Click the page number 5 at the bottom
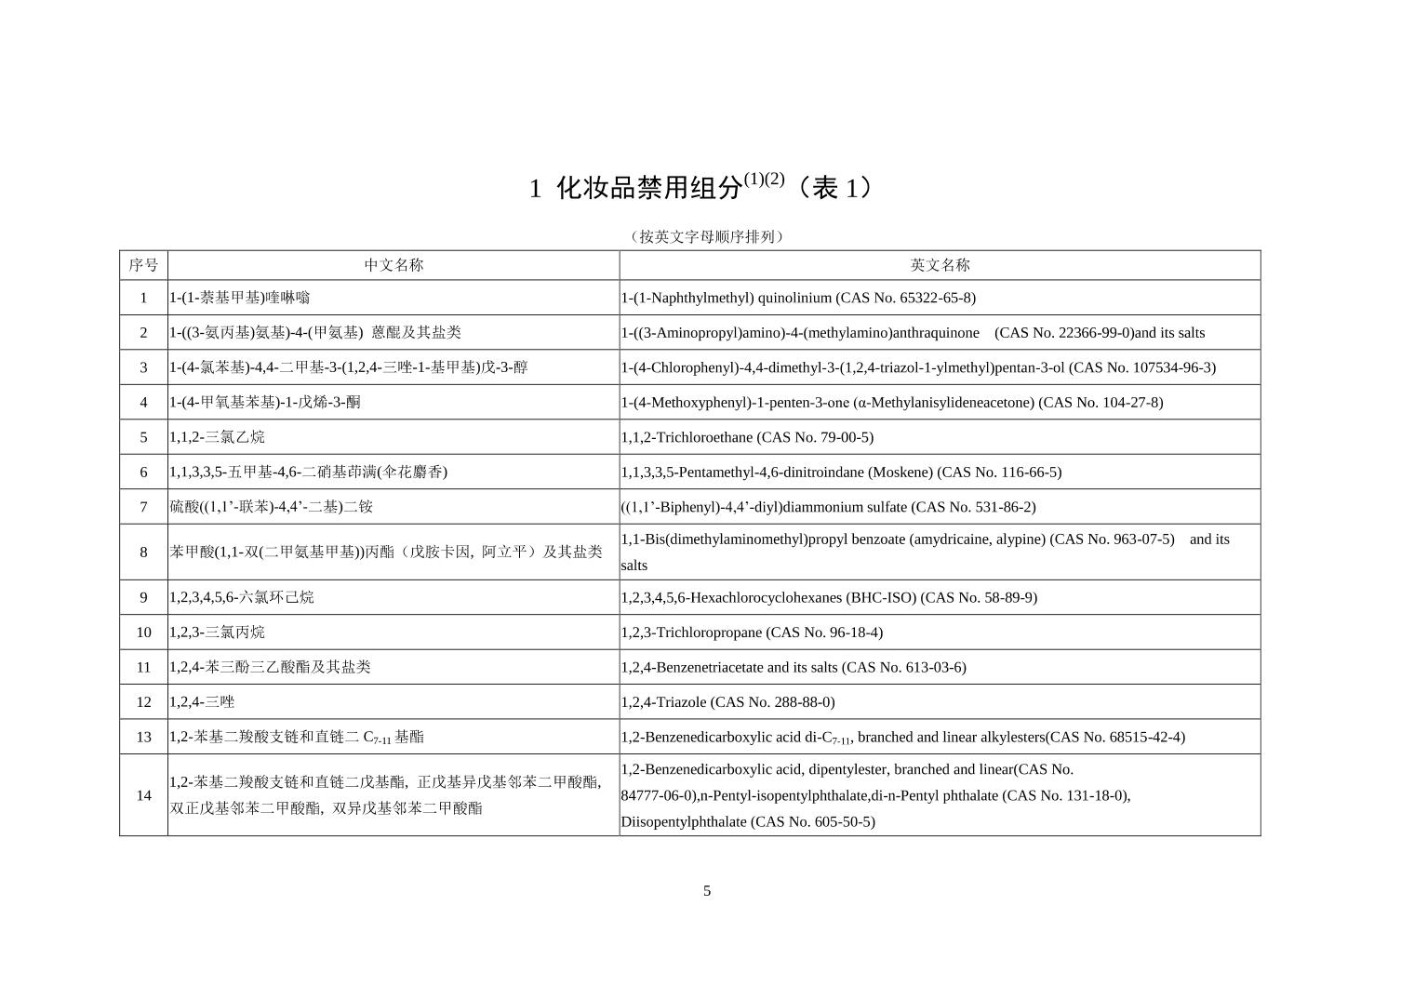click(707, 891)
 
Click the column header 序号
click(143, 265)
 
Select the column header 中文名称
click(394, 265)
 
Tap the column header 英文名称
click(940, 265)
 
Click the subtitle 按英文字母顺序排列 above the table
click(707, 236)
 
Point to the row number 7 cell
click(143, 507)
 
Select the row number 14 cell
click(143, 795)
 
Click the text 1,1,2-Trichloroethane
click(687, 437)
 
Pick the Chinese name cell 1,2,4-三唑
click(202, 702)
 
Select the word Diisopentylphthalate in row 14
click(684, 821)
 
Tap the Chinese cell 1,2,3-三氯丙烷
click(217, 633)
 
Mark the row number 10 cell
click(143, 633)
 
